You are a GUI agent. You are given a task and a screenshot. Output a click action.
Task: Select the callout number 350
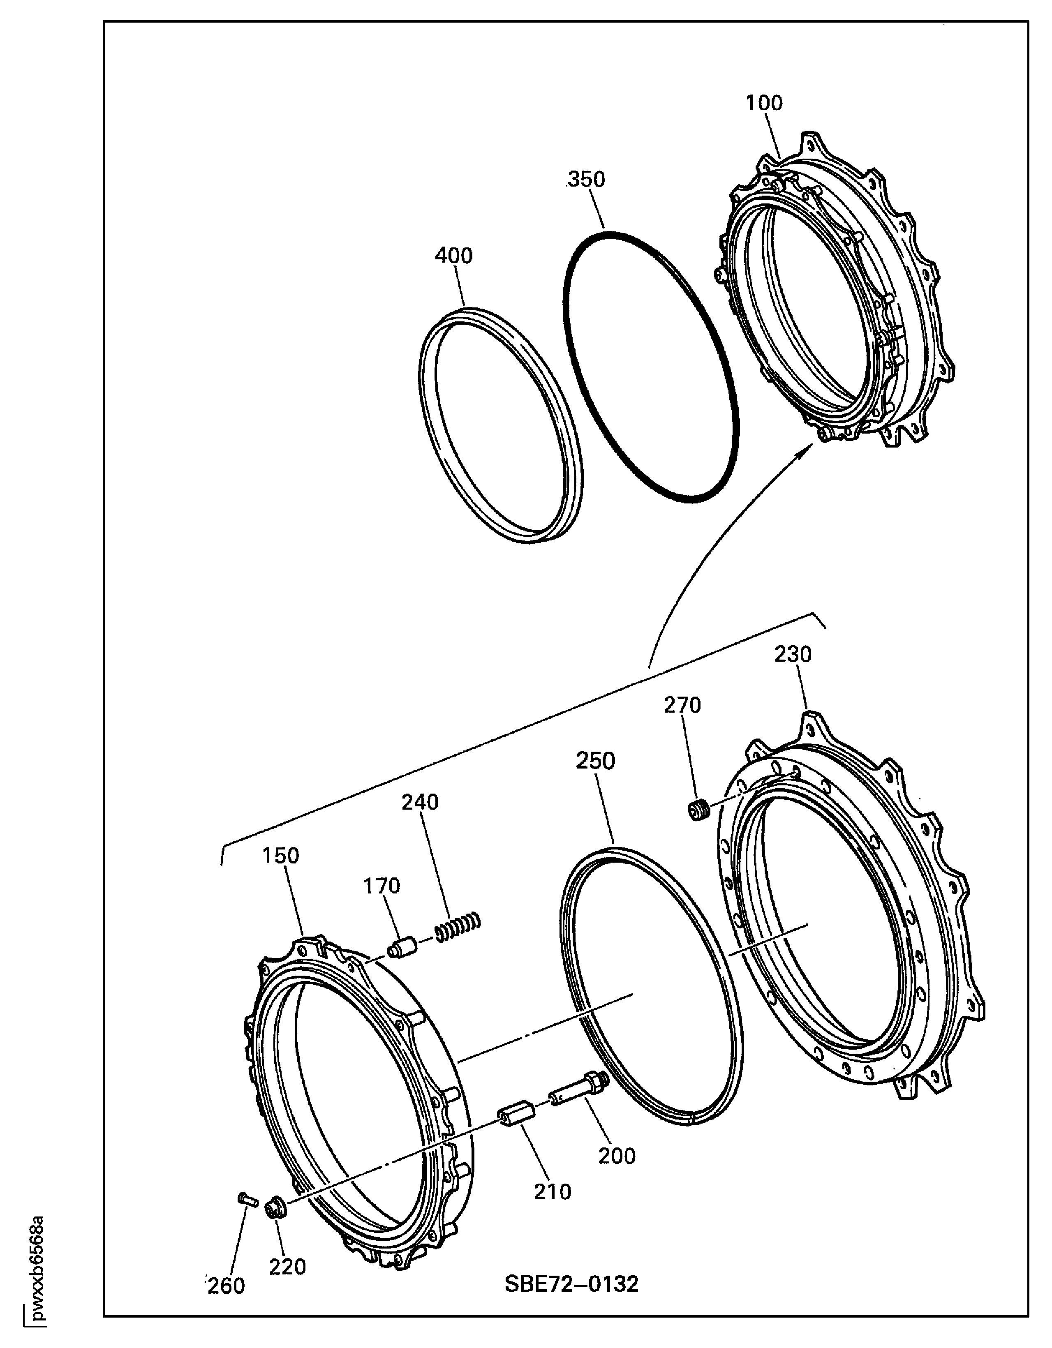pyautogui.click(x=587, y=180)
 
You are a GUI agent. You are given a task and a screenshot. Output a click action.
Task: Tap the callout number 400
pyautogui.click(x=454, y=256)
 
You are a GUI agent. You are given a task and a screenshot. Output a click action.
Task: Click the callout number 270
pyautogui.click(x=682, y=705)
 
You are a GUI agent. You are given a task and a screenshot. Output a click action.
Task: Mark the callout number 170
pyautogui.click(x=381, y=886)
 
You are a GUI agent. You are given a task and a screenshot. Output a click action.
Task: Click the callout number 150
pyautogui.click(x=280, y=856)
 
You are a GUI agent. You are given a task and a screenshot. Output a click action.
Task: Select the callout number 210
pyautogui.click(x=553, y=1192)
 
